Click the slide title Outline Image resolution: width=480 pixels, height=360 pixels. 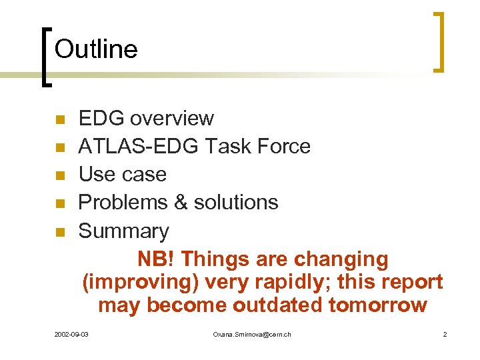(96, 49)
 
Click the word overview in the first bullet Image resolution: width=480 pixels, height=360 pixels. (172, 119)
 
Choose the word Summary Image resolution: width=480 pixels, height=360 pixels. (124, 231)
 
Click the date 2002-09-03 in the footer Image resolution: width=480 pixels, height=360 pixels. (71, 334)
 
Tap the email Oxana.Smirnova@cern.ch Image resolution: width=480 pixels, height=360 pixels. (251, 334)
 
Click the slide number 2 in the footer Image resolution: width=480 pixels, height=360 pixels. (445, 334)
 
